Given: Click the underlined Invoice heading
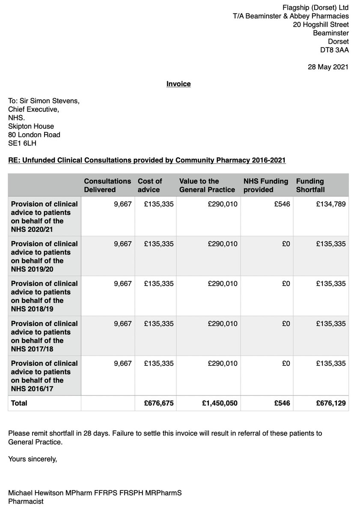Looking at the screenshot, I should (179, 84).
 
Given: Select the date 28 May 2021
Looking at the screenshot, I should (328, 67).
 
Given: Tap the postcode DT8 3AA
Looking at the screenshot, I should (334, 50).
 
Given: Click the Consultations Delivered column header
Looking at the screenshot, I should (107, 185).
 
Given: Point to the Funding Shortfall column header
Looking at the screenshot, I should (310, 185).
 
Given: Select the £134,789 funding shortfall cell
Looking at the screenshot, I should (330, 204).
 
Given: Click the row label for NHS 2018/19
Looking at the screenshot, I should (44, 296).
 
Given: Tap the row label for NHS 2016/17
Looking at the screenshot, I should (44, 376).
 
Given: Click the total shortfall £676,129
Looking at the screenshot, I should (330, 403).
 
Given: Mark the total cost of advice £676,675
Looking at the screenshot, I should (159, 403).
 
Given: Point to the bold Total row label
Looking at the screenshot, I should (19, 403).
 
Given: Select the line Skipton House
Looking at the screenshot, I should (31, 126).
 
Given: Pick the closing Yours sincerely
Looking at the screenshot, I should (32, 459).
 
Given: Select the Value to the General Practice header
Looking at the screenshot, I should (207, 185).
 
